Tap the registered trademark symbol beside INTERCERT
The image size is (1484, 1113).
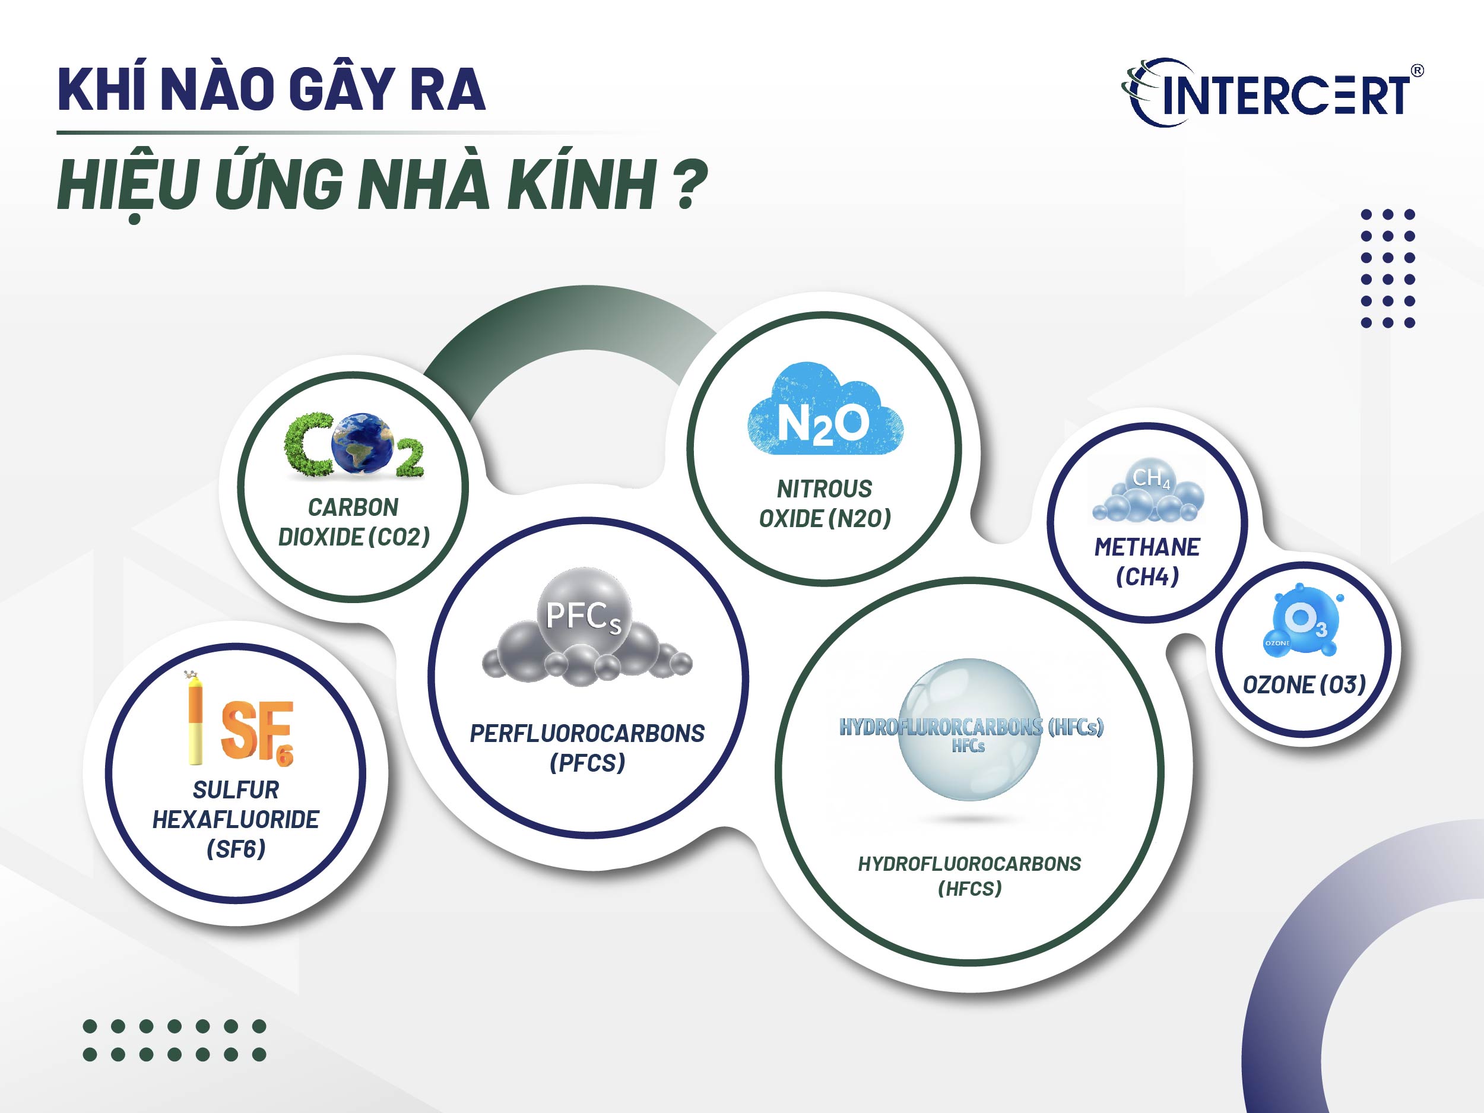pyautogui.click(x=1416, y=71)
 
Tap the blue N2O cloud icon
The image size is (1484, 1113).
pyautogui.click(x=825, y=411)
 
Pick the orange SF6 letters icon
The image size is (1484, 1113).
pyautogui.click(x=258, y=731)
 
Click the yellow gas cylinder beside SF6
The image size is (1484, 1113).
pyautogui.click(x=195, y=719)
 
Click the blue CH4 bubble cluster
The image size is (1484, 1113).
pyautogui.click(x=1148, y=491)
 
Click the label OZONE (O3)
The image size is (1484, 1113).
pyautogui.click(x=1304, y=685)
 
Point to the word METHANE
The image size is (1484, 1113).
pyautogui.click(x=1147, y=547)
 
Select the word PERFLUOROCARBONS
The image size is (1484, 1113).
pyautogui.click(x=587, y=733)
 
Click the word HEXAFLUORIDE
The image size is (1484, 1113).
pyautogui.click(x=236, y=820)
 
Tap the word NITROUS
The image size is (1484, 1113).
pyautogui.click(x=825, y=489)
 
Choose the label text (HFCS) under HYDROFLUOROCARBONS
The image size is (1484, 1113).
pyautogui.click(x=969, y=889)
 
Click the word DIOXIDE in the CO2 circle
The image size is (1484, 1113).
pyautogui.click(x=321, y=537)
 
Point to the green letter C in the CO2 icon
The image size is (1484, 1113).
pyautogui.click(x=308, y=445)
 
